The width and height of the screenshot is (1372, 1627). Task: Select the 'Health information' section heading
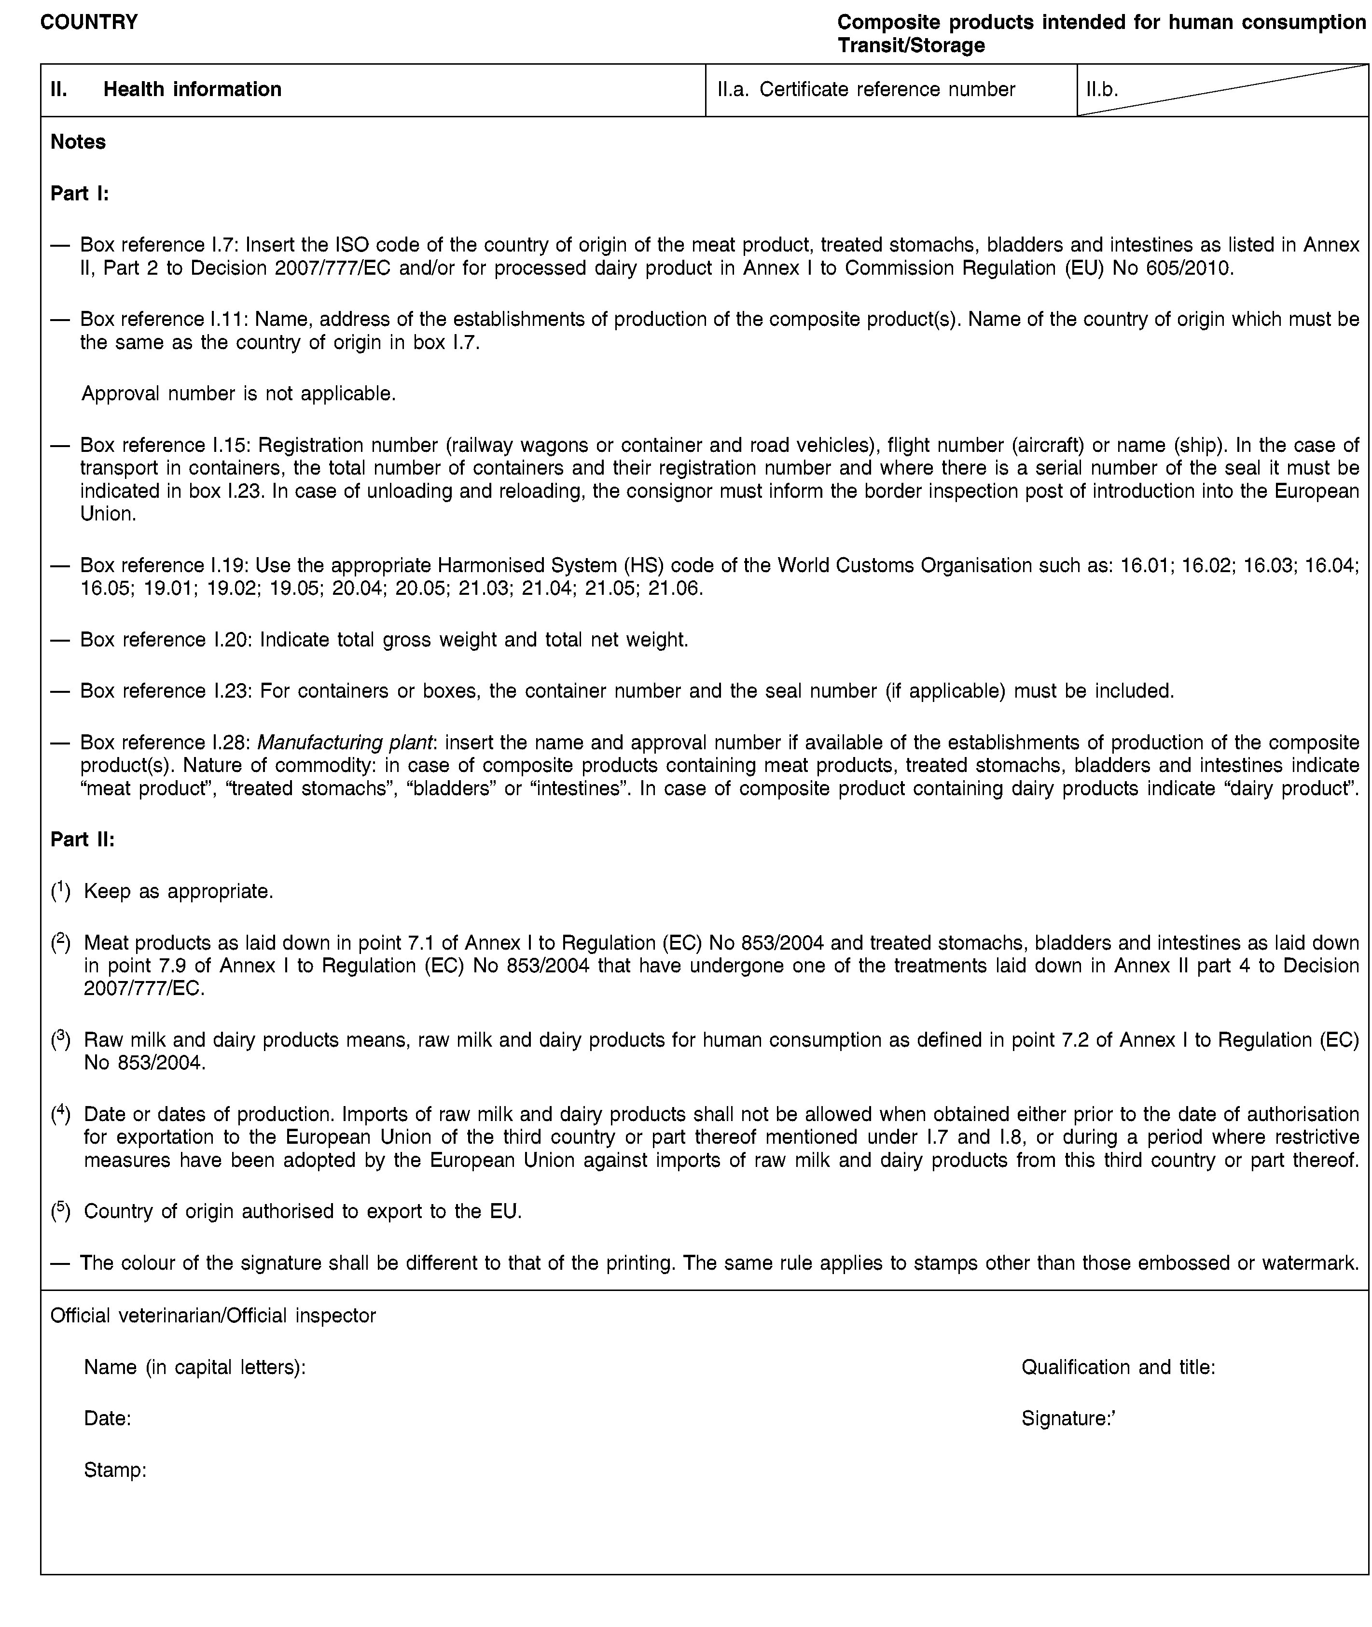click(192, 89)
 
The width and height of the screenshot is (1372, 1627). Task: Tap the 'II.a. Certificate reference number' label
click(866, 89)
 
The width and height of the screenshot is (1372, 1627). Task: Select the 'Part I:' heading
click(79, 193)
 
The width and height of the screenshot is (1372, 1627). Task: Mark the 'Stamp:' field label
click(115, 1471)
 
